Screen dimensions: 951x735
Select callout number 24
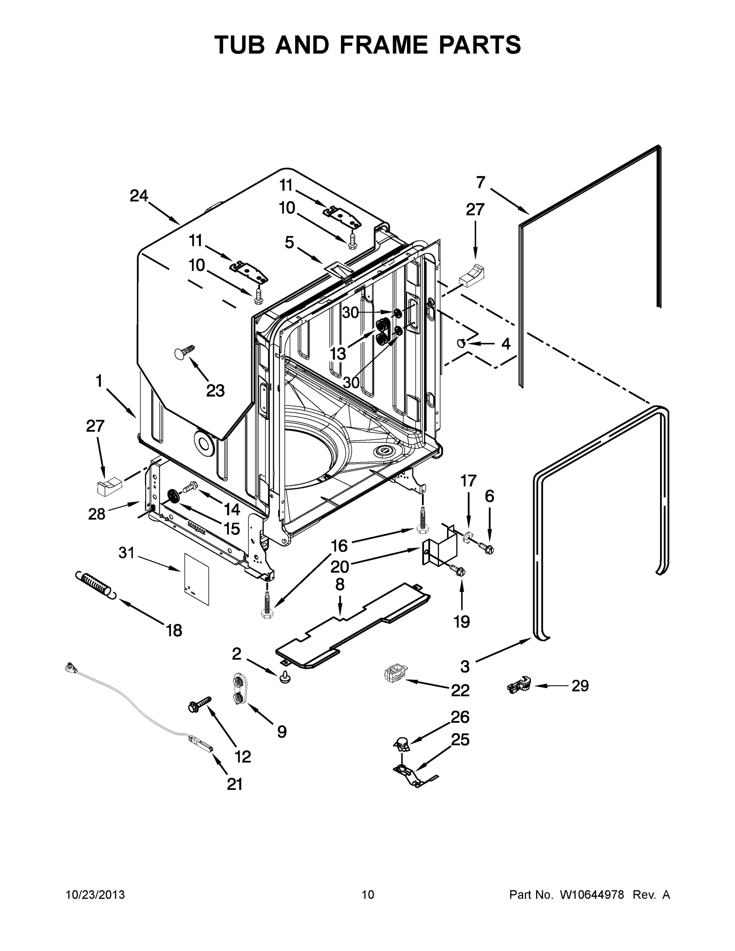tap(139, 196)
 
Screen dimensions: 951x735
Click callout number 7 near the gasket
tap(480, 182)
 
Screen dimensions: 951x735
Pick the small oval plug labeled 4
tap(461, 344)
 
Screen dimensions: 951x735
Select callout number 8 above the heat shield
tap(340, 584)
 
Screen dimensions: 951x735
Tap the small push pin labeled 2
tap(285, 678)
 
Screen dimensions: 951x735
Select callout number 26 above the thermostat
tap(460, 717)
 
